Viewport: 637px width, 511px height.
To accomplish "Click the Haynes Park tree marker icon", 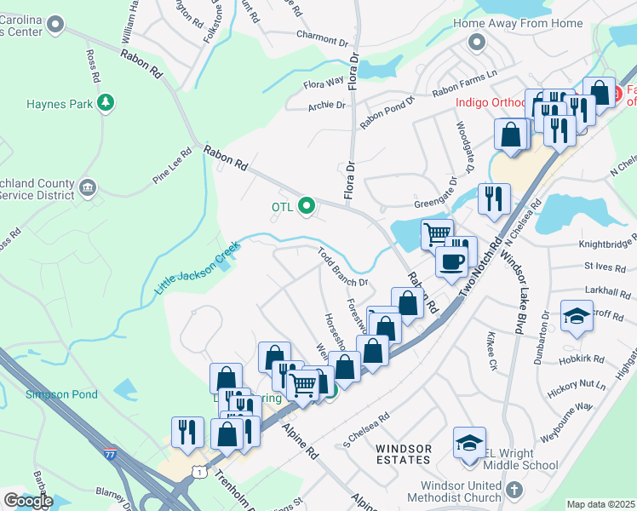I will click(x=106, y=104).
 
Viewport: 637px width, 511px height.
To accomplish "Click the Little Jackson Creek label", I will click(x=198, y=269).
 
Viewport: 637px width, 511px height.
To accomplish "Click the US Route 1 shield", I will click(x=198, y=471).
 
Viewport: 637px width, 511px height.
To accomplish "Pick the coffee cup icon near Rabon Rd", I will click(x=451, y=261).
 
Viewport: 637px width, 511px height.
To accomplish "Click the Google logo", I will click(x=28, y=501).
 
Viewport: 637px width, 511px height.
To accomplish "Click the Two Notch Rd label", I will click(x=478, y=266).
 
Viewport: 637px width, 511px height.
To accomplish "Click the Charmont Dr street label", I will click(x=318, y=36).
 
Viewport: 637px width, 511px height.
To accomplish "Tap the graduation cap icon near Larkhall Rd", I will click(x=577, y=315).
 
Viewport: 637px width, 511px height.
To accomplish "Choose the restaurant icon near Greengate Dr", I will click(x=494, y=198).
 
